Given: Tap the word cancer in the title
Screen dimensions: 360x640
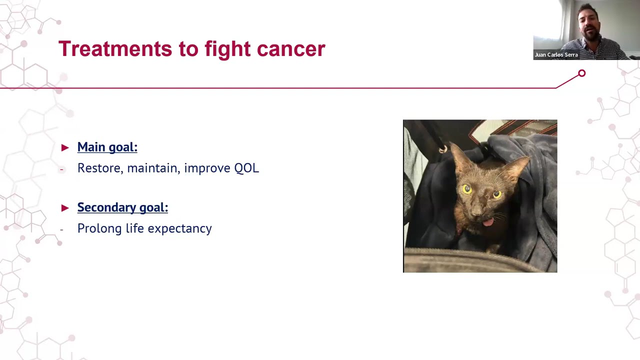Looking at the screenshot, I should click(290, 49).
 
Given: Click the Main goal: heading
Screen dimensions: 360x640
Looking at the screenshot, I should click(107, 147).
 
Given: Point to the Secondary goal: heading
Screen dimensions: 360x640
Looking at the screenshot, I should click(122, 207).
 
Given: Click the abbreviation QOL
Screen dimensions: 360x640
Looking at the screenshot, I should click(246, 168).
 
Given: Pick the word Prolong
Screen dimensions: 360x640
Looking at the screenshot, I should click(99, 228).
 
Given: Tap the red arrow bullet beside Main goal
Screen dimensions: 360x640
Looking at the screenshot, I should click(65, 147).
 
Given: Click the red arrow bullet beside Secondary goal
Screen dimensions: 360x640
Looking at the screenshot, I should click(65, 207).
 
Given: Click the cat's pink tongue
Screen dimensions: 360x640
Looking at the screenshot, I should click(487, 221).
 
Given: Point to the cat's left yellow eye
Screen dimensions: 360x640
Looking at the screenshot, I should click(467, 189).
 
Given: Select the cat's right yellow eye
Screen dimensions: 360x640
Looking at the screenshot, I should click(497, 194).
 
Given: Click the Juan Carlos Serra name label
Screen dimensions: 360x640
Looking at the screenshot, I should click(556, 55).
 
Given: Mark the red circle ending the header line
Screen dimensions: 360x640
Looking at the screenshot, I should click(581, 74).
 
